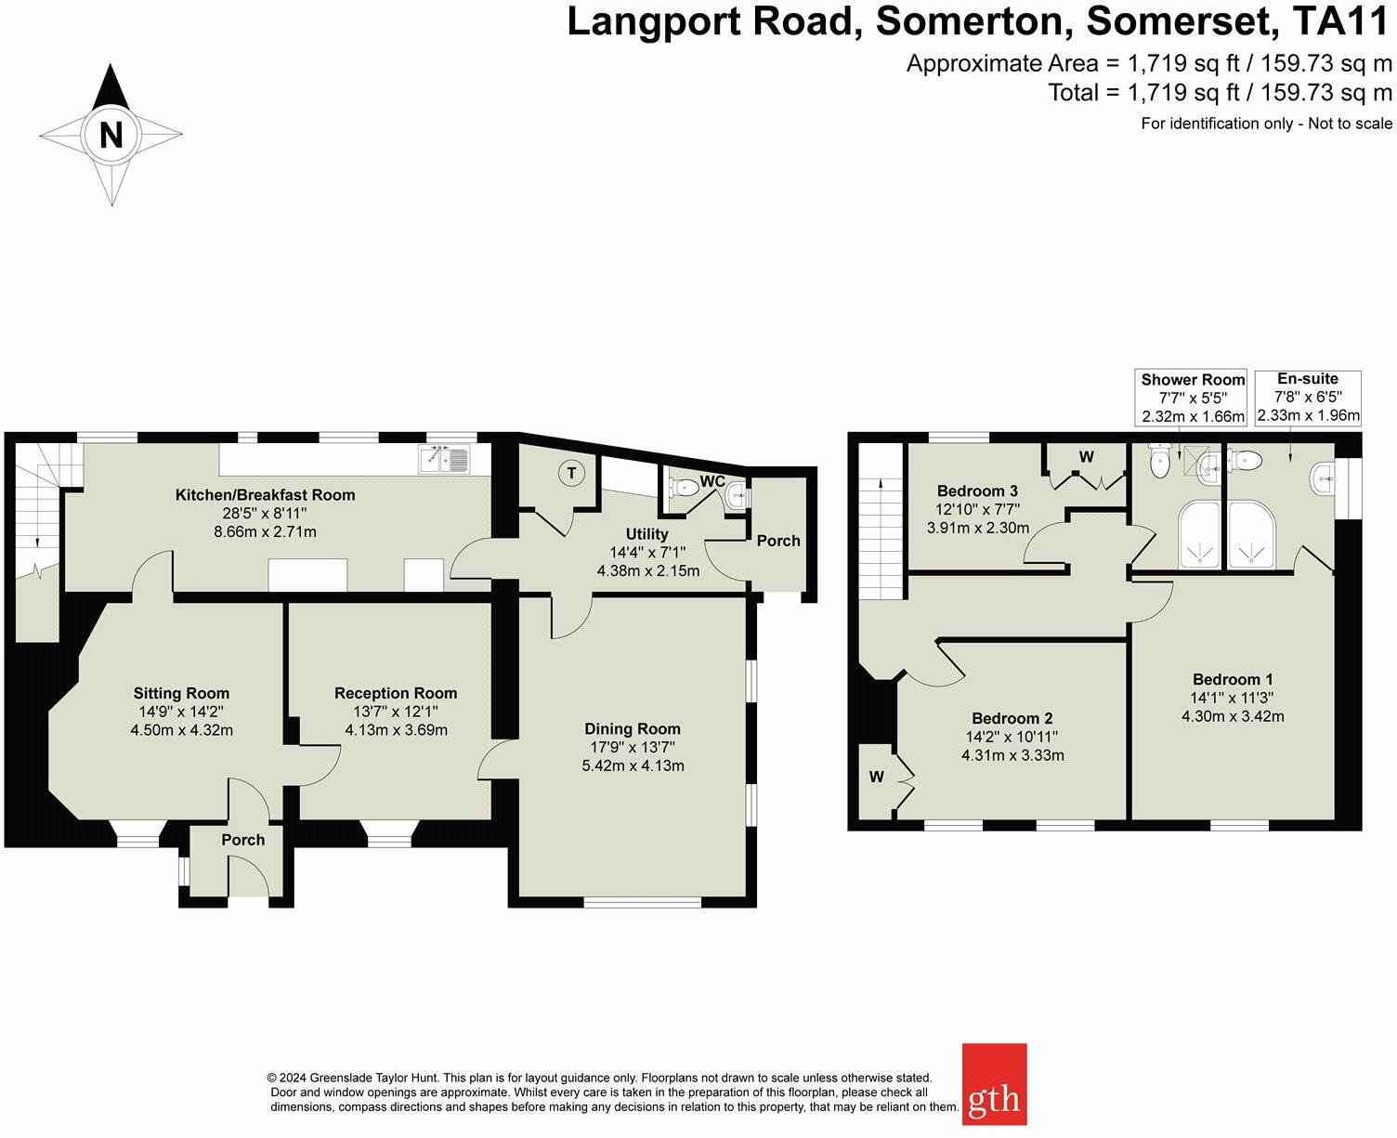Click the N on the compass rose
coord(111,135)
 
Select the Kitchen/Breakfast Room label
coord(265,494)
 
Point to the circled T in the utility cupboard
coord(572,473)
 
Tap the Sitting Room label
coord(181,693)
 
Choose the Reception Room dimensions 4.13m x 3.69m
coord(396,729)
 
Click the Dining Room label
coord(633,728)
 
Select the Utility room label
coord(646,534)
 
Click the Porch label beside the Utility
coord(778,541)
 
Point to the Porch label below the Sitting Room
coord(242,840)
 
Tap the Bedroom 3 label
coord(977,491)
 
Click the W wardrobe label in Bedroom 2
coord(876,777)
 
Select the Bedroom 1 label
coord(1233,679)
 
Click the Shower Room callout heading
coord(1193,380)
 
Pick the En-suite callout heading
coord(1308,378)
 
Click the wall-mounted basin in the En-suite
coord(1321,478)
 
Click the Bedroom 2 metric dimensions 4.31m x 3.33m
coord(1012,755)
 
